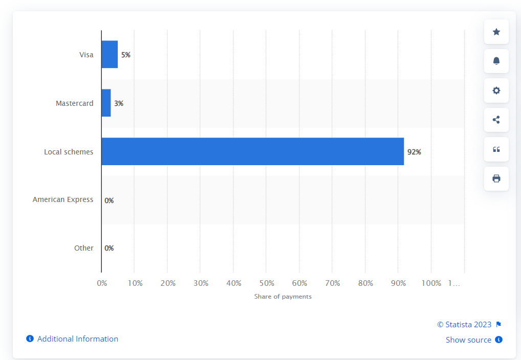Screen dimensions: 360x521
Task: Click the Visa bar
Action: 110,54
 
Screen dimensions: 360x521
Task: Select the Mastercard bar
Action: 106,103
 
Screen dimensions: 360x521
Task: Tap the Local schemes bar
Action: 252,151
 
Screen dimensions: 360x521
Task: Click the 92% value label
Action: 414,152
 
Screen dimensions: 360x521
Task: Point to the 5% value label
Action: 126,55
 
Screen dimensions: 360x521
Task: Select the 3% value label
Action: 119,103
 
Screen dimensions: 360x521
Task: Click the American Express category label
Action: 63,199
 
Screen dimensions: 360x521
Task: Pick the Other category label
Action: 84,248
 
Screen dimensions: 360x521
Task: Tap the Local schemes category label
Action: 69,152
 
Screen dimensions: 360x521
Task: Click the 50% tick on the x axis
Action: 267,283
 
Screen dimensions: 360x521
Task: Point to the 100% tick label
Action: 431,283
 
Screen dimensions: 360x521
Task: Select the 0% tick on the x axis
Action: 102,283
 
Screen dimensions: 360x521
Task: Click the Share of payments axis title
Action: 283,297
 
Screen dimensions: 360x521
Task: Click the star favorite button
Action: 496,32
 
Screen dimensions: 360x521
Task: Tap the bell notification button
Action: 496,61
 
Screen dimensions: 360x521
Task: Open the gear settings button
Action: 496,91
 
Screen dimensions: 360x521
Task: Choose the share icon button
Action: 496,120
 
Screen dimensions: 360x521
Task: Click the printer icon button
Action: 496,178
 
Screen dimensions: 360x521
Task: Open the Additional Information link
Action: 77,339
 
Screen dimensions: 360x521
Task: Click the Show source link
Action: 468,340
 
